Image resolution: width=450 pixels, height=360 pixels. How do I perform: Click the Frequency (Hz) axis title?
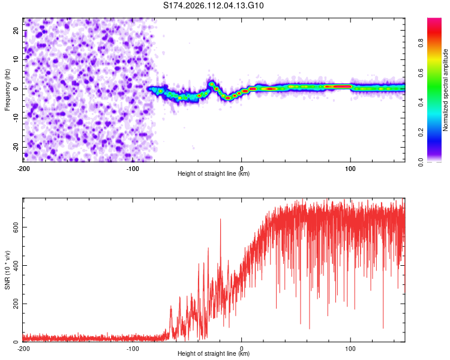[8, 89]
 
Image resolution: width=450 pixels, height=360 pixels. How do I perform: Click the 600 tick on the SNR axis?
[14, 227]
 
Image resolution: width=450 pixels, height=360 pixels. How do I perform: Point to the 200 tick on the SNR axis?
[14, 304]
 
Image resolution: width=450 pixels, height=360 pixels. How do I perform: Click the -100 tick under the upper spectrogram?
[133, 168]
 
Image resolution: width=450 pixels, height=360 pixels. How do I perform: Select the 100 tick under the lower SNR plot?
[350, 349]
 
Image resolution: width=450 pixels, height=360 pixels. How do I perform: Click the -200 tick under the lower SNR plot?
[23, 349]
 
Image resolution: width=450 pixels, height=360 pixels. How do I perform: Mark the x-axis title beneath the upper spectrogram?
[214, 174]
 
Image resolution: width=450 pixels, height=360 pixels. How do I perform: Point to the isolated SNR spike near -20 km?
[220, 221]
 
